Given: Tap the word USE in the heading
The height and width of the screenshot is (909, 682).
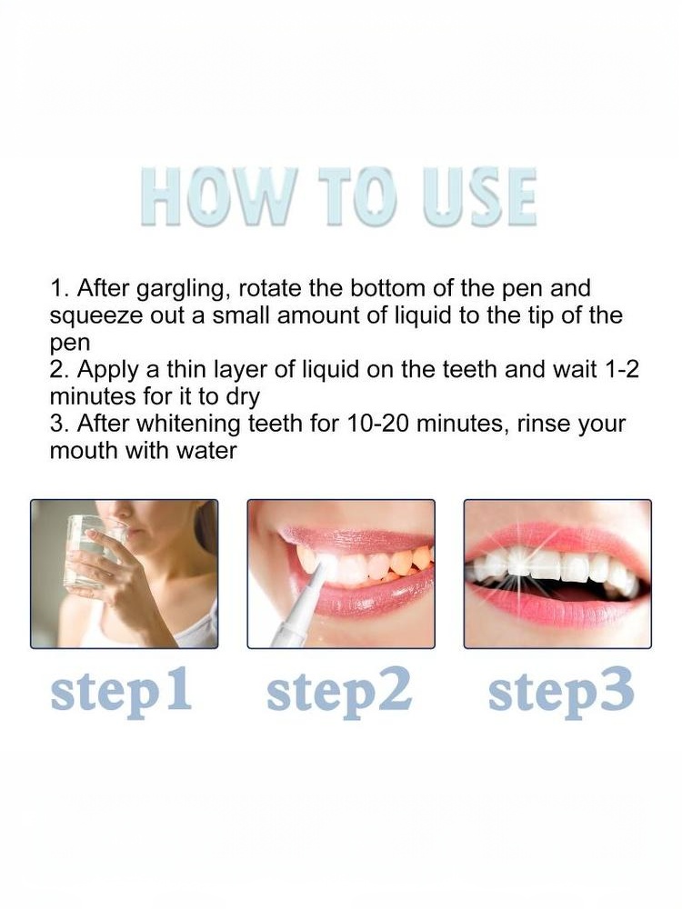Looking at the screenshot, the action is (x=480, y=197).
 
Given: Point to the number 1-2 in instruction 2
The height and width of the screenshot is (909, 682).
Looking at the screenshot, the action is (x=622, y=369).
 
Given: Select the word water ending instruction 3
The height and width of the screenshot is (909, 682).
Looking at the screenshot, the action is (x=207, y=452).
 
